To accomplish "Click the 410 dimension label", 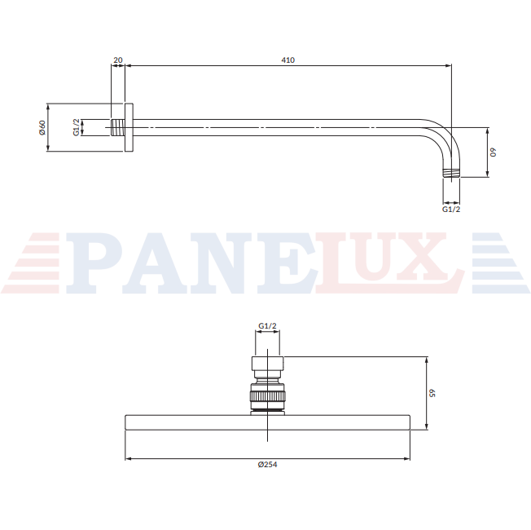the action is tap(287, 60).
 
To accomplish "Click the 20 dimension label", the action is tap(118, 60).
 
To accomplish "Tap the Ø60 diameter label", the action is tap(42, 127).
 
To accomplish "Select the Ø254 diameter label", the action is tap(267, 465).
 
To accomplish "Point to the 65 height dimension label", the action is tap(432, 393).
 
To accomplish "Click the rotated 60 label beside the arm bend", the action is tap(494, 152).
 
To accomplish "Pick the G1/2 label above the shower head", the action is tap(267, 326).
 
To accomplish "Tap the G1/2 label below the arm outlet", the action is tap(451, 210).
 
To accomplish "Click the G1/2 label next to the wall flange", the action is tap(77, 127).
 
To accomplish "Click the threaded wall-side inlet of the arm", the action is tap(117, 127).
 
